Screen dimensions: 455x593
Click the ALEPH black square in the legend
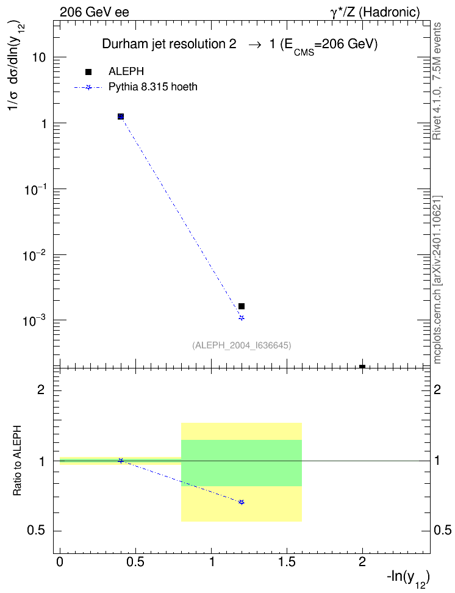pyautogui.click(x=88, y=72)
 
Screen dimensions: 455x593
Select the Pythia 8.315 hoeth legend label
pyautogui.click(x=153, y=87)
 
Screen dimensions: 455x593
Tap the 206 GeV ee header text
pyautogui.click(x=94, y=12)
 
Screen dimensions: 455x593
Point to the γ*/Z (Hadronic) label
pyautogui.click(x=375, y=12)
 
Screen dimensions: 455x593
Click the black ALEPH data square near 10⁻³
pyautogui.click(x=242, y=306)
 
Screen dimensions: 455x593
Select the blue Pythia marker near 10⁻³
pyautogui.click(x=242, y=318)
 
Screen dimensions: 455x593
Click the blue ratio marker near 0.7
pyautogui.click(x=242, y=502)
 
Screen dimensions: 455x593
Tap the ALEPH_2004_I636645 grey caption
pyautogui.click(x=242, y=345)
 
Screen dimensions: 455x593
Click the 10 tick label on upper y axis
pyautogui.click(x=39, y=58)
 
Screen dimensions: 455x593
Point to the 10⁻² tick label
pyautogui.click(x=34, y=255)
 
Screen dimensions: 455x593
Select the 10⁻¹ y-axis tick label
pyautogui.click(x=34, y=190)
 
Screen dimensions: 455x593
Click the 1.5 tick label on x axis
pyautogui.click(x=287, y=562)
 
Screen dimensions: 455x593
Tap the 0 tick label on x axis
pyautogui.click(x=60, y=562)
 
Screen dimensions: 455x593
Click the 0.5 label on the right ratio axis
pyautogui.click(x=443, y=531)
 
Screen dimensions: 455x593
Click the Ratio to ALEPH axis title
pyautogui.click(x=17, y=461)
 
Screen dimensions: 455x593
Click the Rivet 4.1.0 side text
pyautogui.click(x=437, y=81)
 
